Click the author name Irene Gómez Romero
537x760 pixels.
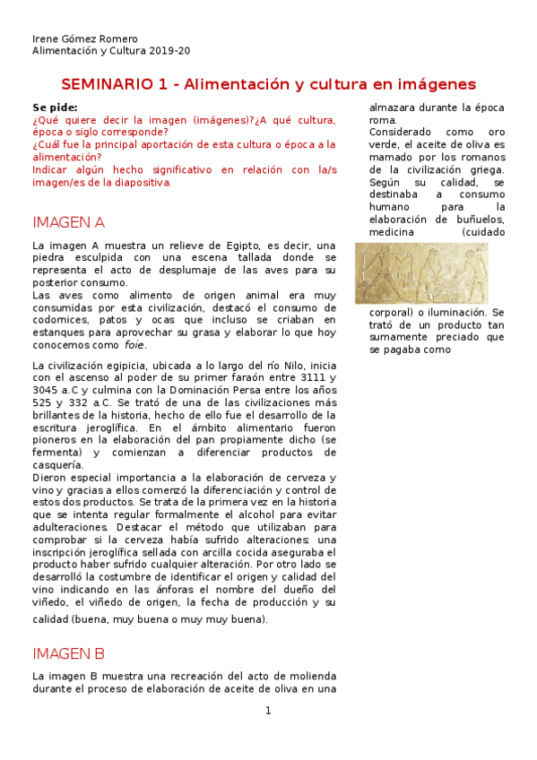pyautogui.click(x=85, y=39)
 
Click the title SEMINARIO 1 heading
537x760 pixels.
pyautogui.click(x=268, y=84)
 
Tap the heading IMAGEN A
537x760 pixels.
pyautogui.click(x=68, y=222)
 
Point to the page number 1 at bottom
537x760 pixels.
pyautogui.click(x=267, y=711)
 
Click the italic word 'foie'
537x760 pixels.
pyautogui.click(x=134, y=345)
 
